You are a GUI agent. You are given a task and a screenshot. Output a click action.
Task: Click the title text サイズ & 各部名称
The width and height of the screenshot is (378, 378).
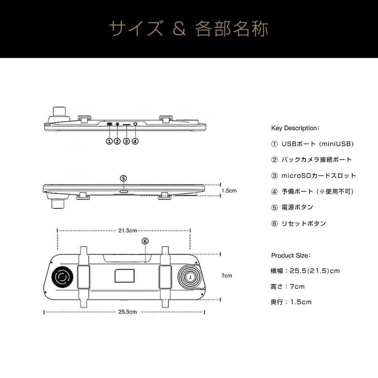click(189, 29)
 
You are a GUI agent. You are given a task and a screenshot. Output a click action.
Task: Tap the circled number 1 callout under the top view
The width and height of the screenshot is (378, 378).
click(109, 142)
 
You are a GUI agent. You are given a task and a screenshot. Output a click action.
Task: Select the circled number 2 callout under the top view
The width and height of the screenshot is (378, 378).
click(117, 142)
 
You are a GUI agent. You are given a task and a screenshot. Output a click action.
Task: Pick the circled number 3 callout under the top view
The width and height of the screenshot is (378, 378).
click(126, 142)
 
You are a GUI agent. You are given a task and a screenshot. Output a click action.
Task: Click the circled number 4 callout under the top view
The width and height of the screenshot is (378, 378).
click(135, 142)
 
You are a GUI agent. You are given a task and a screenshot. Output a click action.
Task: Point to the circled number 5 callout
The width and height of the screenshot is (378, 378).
click(123, 178)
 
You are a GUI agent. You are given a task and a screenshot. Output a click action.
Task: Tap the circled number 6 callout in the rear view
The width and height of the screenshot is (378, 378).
click(145, 241)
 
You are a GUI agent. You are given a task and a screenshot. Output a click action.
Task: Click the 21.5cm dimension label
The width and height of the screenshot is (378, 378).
click(127, 231)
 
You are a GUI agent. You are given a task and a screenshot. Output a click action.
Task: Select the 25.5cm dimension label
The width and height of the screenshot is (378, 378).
click(127, 312)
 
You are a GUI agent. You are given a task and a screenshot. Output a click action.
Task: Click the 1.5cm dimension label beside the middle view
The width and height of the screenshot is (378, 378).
click(229, 190)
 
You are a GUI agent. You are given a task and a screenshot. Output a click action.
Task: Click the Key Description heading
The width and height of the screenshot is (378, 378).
click(296, 128)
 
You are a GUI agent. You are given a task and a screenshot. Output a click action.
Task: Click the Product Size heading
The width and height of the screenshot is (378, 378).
click(291, 255)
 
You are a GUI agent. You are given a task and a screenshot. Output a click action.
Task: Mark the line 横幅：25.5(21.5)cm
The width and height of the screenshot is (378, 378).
click(305, 271)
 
